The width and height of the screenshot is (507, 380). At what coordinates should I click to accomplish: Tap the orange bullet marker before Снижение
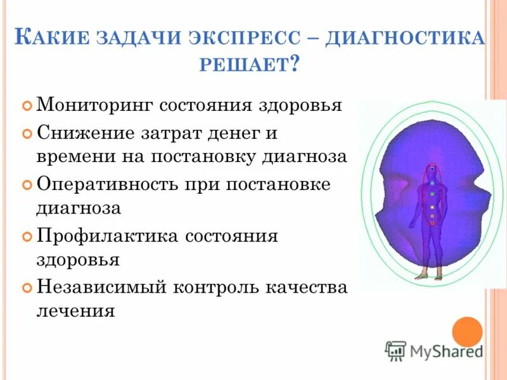27,134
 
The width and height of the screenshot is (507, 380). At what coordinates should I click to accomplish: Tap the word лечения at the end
76,311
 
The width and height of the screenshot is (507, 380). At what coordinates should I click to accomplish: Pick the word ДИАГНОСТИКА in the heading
406,39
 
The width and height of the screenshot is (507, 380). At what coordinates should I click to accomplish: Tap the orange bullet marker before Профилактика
27,237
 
